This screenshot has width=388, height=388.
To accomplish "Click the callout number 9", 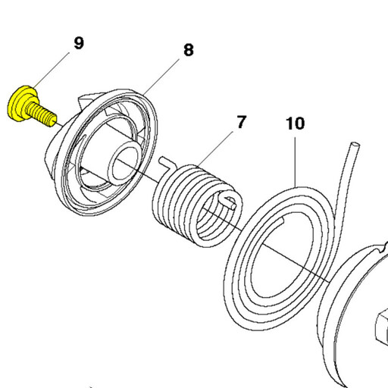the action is pyautogui.click(x=79, y=43).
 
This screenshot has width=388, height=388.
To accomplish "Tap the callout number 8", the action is pyautogui.click(x=189, y=50).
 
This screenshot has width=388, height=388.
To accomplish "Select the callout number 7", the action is pyautogui.click(x=241, y=122).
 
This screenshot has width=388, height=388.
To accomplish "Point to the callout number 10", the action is pyautogui.click(x=295, y=124).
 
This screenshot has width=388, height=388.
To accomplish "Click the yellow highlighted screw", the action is pyautogui.click(x=32, y=107).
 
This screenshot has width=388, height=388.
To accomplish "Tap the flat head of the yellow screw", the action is pyautogui.click(x=20, y=103).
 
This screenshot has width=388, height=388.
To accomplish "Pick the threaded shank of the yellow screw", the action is pyautogui.click(x=41, y=114).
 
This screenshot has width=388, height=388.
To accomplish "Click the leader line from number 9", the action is pyautogui.click(x=51, y=70).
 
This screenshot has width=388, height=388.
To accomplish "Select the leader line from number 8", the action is pyautogui.click(x=161, y=77).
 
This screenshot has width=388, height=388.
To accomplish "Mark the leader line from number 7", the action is pyautogui.click(x=214, y=149).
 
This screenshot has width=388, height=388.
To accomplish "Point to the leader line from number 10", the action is pyautogui.click(x=295, y=162).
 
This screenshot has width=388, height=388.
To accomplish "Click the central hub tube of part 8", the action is pyautogui.click(x=124, y=162).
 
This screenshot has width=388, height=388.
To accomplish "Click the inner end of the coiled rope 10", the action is pyautogui.click(x=281, y=221).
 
